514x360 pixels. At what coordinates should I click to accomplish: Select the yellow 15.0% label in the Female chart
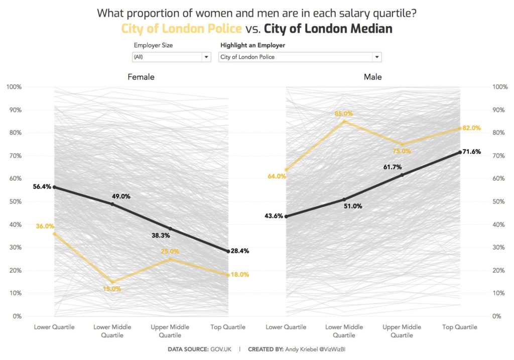[x=111, y=289]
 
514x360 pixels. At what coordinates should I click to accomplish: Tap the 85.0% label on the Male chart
[x=344, y=113]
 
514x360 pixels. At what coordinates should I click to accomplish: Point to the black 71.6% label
[x=471, y=152]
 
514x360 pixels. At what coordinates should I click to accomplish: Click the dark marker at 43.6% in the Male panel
[x=286, y=216]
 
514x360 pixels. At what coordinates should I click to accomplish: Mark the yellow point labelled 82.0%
[x=460, y=129]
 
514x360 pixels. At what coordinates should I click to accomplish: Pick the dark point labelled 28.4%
[x=228, y=251]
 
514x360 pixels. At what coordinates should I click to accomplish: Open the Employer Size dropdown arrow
[x=206, y=57]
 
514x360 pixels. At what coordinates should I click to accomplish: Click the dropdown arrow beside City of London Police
[x=377, y=57]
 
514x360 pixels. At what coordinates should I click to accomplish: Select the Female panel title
[x=141, y=77]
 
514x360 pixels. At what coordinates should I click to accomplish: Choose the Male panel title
[x=372, y=77]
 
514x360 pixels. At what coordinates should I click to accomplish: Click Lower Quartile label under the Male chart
[x=286, y=327]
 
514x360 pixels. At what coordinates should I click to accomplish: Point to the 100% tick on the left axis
[x=14, y=87]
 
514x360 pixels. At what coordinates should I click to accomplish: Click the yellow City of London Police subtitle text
[x=182, y=29]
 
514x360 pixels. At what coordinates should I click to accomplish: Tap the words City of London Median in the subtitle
[x=328, y=29]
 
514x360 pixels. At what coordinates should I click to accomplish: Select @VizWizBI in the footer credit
[x=331, y=349]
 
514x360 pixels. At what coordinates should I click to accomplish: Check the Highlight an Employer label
[x=252, y=45]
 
